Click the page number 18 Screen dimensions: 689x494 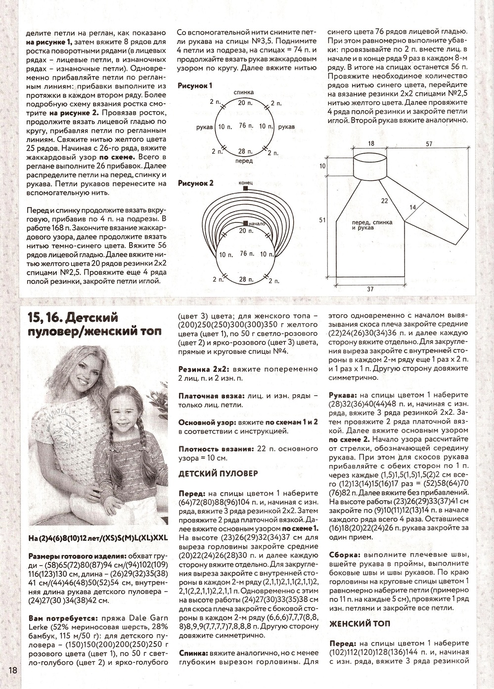[13, 670]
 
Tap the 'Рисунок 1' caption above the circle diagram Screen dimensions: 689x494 [195, 86]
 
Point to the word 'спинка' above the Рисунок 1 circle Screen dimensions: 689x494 [245, 92]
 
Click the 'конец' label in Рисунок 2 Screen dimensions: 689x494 [245, 182]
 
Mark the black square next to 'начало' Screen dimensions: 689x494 [245, 223]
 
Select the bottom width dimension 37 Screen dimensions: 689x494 [370, 289]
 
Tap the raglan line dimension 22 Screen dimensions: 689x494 [384, 201]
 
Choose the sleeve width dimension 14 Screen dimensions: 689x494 [413, 208]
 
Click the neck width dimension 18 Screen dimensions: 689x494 [371, 143]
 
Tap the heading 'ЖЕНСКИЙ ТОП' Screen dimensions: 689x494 [360, 624]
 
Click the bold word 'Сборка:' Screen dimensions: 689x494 [343, 555]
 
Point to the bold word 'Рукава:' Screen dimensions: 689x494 [343, 396]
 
